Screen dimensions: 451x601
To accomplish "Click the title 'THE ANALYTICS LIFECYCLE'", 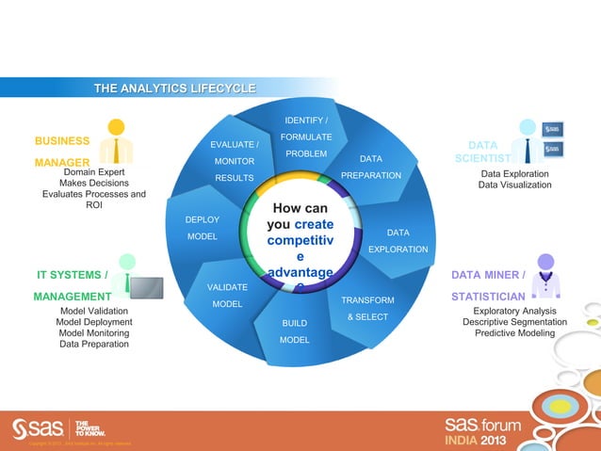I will click(x=174, y=89).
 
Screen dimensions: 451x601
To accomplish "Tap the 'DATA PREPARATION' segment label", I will click(x=370, y=167).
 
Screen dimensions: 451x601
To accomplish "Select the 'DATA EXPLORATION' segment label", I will click(x=398, y=240).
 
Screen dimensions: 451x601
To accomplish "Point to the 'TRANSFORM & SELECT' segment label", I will click(x=367, y=309).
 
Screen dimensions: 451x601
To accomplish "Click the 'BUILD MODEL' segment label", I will click(x=295, y=331).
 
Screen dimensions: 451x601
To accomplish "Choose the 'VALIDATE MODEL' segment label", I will click(x=227, y=295).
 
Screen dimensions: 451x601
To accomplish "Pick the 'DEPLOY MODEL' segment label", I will click(x=203, y=228).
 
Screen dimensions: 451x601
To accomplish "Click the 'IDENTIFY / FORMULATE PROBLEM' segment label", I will click(x=306, y=137).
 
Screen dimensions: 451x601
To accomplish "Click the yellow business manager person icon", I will click(x=116, y=140).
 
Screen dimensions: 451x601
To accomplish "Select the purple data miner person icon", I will click(x=544, y=272).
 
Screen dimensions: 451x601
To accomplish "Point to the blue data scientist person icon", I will click(x=528, y=140).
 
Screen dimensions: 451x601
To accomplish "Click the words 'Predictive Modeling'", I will click(x=514, y=333).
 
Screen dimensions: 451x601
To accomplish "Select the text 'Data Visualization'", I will click(x=514, y=185).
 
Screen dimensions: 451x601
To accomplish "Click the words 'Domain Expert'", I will click(x=94, y=172).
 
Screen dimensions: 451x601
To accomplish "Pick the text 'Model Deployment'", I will click(x=94, y=321).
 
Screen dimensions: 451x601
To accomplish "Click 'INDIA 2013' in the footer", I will click(x=480, y=440).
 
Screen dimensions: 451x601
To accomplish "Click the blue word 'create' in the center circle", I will click(x=314, y=225).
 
